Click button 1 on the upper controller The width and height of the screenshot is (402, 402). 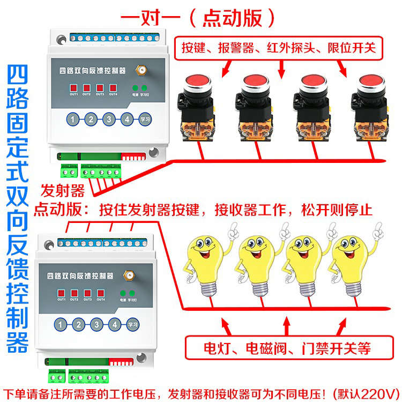point(73,119)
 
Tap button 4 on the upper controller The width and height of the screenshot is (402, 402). point(126,119)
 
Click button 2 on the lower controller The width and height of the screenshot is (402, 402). point(79,324)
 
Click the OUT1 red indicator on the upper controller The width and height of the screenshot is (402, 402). point(74,88)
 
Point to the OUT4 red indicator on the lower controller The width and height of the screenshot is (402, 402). point(100,293)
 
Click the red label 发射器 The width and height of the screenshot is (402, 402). point(63,190)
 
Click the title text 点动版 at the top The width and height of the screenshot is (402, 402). point(233,17)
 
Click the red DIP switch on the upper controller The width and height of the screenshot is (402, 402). point(131,156)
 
